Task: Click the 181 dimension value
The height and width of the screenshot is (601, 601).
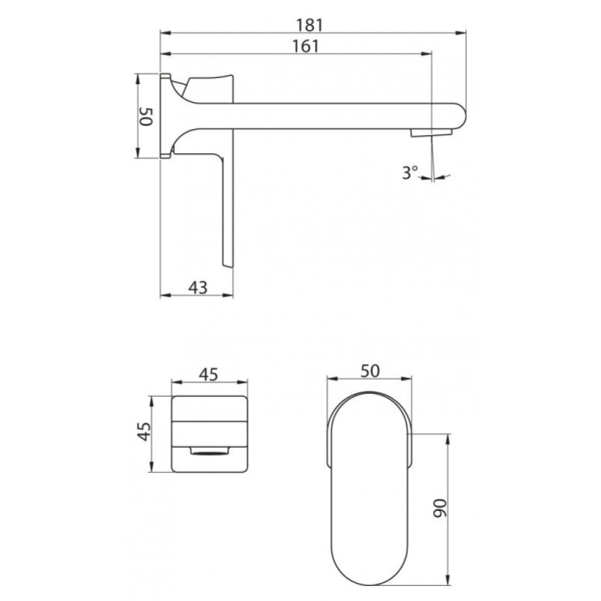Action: coord(310,26)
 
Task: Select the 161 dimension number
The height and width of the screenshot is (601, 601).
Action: coord(306,46)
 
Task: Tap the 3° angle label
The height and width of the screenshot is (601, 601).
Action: coord(409,172)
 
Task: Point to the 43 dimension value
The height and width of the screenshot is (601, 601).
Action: coord(198,287)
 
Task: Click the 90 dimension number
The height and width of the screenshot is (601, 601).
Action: coord(440,508)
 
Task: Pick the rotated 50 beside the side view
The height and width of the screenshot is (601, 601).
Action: coord(146,116)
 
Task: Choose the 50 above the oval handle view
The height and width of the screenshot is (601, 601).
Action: coord(370,370)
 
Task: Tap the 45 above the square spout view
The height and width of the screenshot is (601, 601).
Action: coord(209,374)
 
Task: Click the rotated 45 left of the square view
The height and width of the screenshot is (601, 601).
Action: coord(144,431)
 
